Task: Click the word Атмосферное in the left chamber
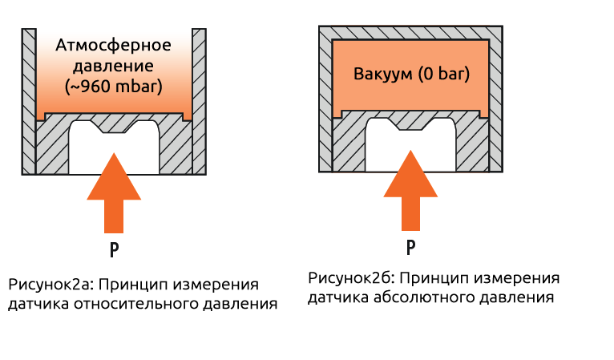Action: [x=114, y=45]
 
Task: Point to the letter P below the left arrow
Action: [x=115, y=249]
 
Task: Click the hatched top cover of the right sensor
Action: [x=411, y=34]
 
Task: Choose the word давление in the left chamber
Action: [x=114, y=65]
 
